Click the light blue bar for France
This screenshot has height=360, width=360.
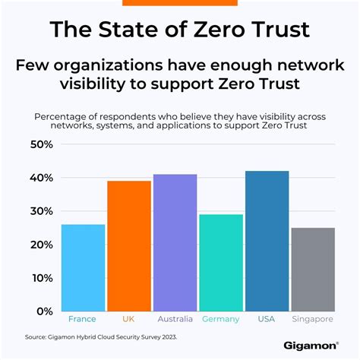pyautogui.click(x=83, y=267)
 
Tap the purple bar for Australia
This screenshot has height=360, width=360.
pyautogui.click(x=175, y=242)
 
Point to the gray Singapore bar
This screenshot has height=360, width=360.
pyautogui.click(x=313, y=269)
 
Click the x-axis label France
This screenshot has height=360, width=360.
pyautogui.click(x=83, y=319)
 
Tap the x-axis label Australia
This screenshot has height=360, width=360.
pyautogui.click(x=175, y=319)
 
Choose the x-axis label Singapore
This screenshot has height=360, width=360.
pyautogui.click(x=313, y=319)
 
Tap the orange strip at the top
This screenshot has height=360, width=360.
pyautogui.click(x=180, y=2)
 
